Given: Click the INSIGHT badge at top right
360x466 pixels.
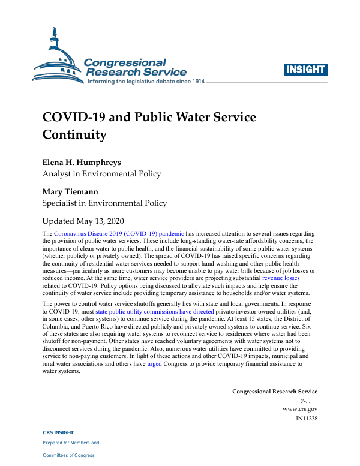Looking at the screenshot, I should (305, 70).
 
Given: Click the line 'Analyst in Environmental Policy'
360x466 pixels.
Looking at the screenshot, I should (101, 174).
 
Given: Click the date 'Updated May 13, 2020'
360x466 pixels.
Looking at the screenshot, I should (91, 221).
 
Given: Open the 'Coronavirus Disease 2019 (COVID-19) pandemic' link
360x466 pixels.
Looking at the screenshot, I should (119, 233).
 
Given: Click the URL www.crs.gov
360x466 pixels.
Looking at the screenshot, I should (300, 408).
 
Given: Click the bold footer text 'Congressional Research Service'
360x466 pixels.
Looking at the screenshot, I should (275, 392).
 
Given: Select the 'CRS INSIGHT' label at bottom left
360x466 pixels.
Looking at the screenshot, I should (58, 432).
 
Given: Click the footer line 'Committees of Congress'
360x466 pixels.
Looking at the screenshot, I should (68, 455).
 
